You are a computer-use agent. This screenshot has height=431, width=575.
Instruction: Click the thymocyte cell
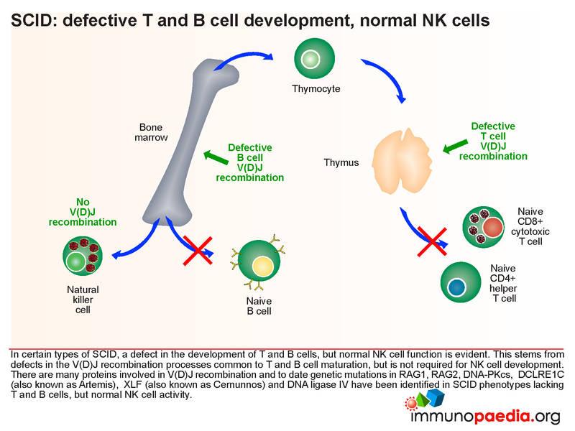315,59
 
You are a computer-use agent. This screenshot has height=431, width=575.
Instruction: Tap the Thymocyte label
316,88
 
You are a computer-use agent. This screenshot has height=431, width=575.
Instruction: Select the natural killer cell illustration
83,256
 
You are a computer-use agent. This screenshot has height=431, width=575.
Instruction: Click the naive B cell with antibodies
258,261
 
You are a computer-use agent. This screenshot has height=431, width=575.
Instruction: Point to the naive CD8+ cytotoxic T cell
483,227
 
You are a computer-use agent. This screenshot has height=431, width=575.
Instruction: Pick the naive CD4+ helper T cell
461,282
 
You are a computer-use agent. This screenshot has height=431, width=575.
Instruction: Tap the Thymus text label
341,162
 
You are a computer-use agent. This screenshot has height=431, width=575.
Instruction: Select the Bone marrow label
151,132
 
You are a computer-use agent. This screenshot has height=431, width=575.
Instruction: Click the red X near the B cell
198,250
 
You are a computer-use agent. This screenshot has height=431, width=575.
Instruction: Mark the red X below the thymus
432,241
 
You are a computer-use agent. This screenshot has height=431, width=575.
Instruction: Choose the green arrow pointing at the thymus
455,147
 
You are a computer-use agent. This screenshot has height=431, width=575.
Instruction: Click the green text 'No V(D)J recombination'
83,212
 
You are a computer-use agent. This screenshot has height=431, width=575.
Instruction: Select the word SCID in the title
32,21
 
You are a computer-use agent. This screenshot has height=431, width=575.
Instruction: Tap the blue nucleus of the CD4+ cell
456,287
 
